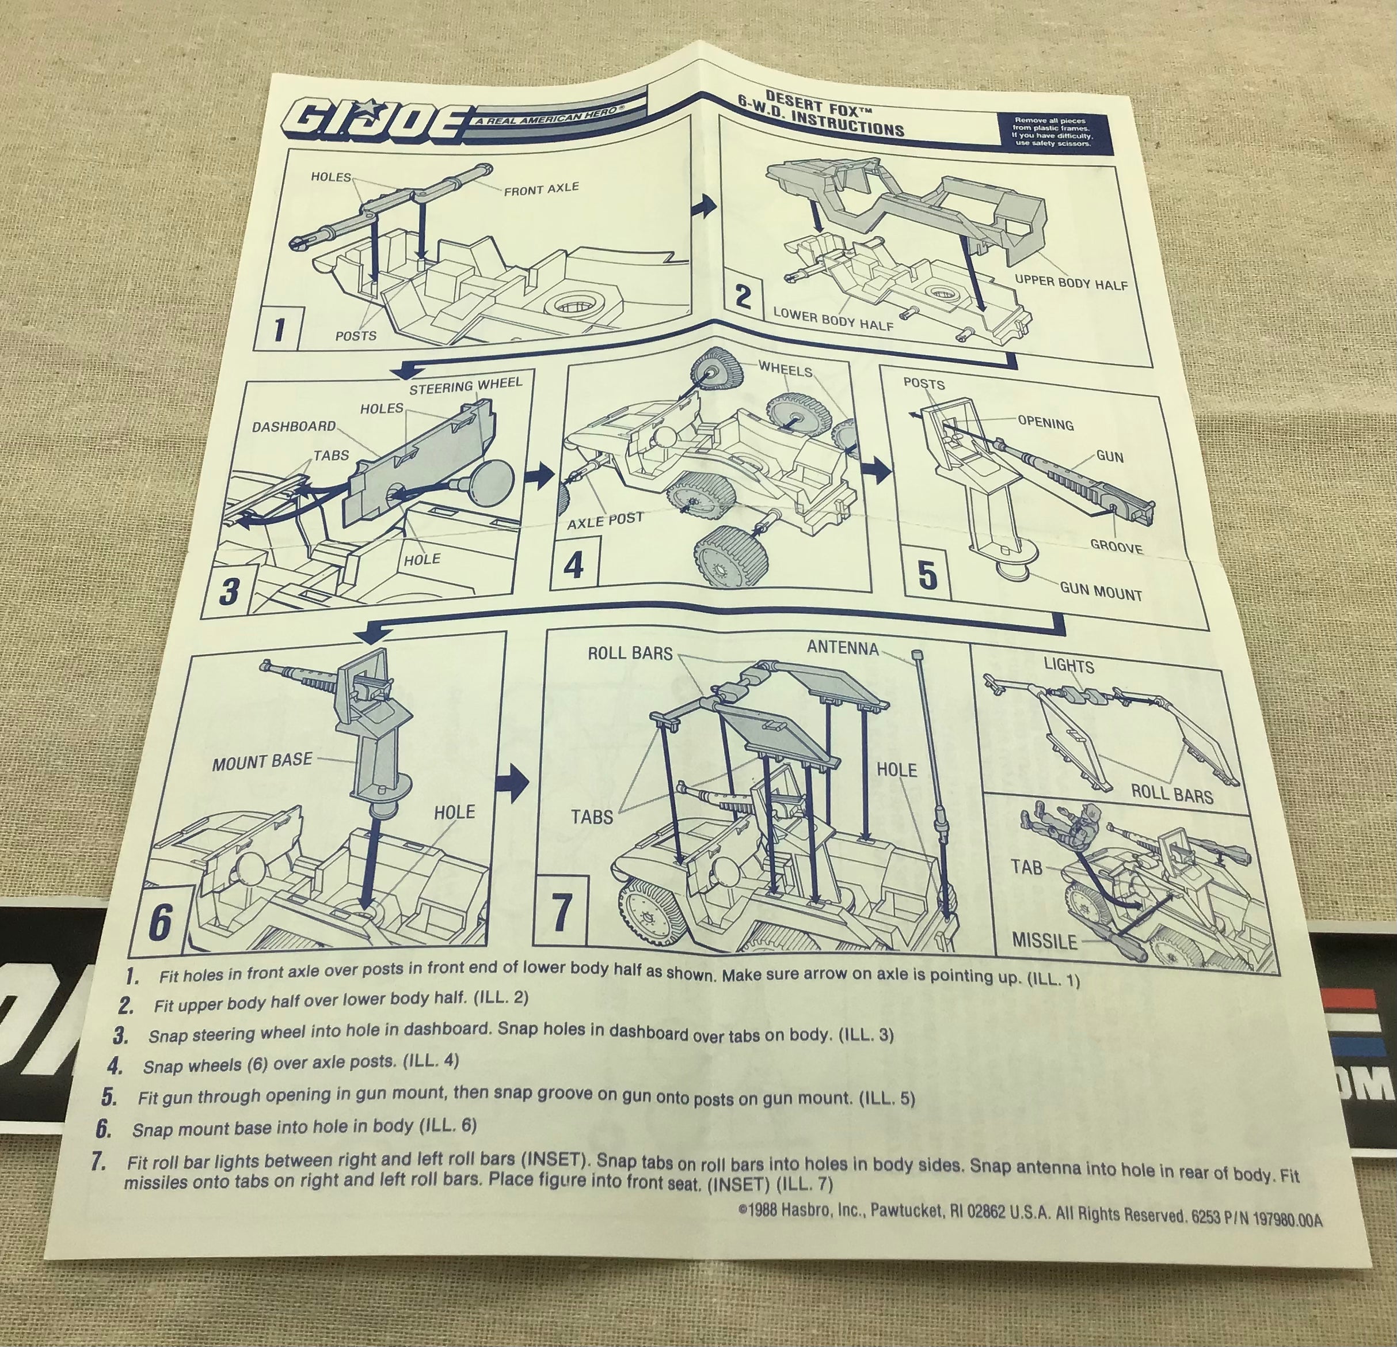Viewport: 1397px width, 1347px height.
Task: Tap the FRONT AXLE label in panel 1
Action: point(542,189)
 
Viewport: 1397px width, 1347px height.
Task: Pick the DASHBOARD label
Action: point(294,426)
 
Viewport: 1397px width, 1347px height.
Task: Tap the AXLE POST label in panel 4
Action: point(605,521)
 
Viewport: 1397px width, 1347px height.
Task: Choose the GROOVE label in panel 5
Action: point(1116,547)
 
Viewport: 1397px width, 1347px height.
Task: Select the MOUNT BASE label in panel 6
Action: point(262,761)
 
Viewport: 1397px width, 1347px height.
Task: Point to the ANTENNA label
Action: point(843,647)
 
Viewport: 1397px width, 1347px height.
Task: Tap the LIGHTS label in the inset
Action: point(1068,666)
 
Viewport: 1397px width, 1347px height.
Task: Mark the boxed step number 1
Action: point(279,329)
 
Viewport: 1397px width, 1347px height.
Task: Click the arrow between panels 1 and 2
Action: point(703,206)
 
